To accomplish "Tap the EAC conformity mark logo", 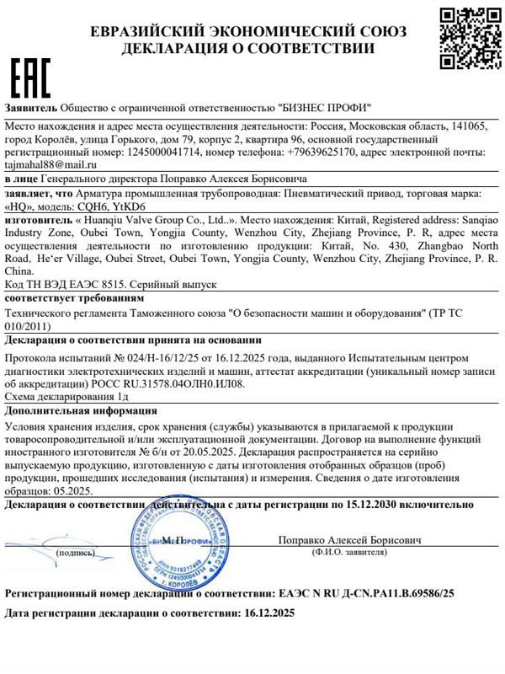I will coord(30,78).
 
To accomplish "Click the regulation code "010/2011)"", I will coord(30,325).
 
